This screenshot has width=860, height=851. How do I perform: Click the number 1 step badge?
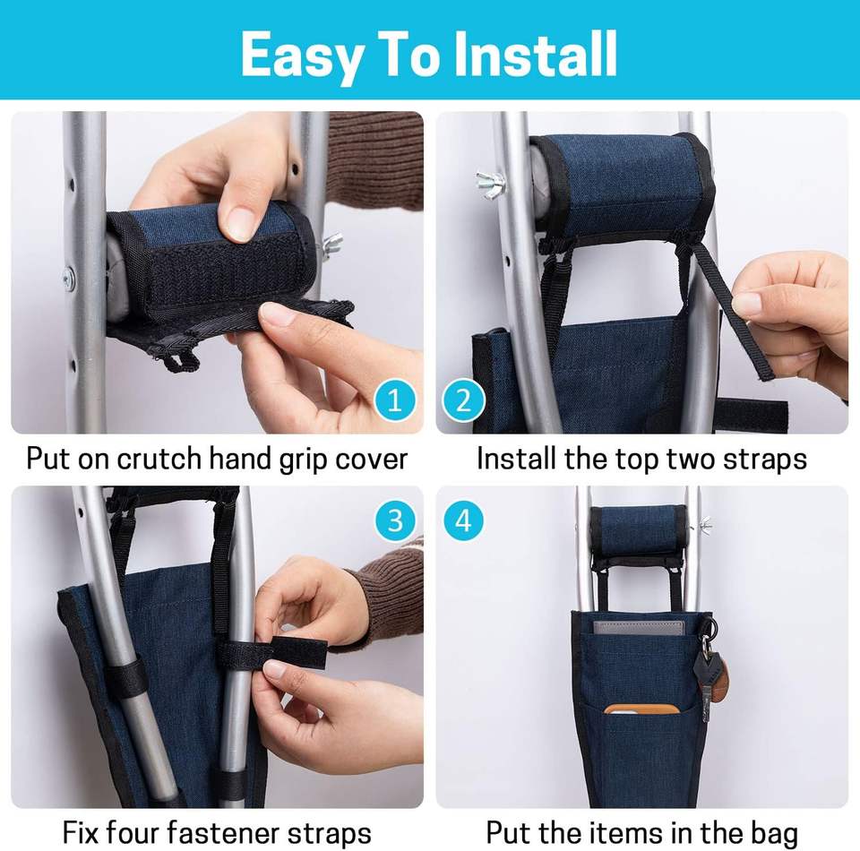pyautogui.click(x=395, y=400)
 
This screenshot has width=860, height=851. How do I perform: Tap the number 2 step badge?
pyautogui.click(x=463, y=400)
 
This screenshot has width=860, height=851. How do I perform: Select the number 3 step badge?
pyautogui.click(x=395, y=520)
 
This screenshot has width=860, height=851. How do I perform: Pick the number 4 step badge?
pyautogui.click(x=463, y=520)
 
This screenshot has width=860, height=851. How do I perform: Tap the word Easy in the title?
pyautogui.click(x=302, y=57)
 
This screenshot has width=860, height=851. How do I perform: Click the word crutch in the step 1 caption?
pyautogui.click(x=159, y=458)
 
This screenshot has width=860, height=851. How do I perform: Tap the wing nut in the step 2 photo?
pyautogui.click(x=490, y=185)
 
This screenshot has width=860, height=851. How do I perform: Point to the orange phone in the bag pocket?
pyautogui.click(x=642, y=709)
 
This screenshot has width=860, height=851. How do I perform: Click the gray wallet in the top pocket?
pyautogui.click(x=639, y=628)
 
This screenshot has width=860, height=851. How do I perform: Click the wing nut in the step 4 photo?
pyautogui.click(x=704, y=525)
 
